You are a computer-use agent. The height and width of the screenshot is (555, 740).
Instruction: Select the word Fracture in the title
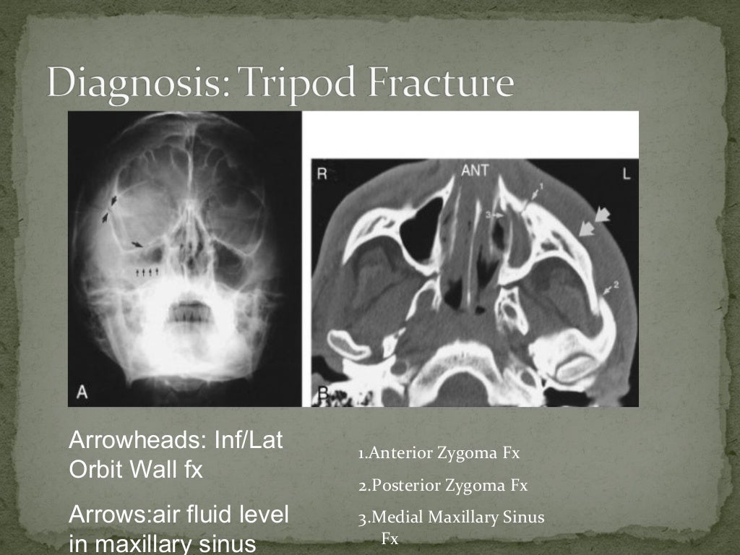pos(434,84)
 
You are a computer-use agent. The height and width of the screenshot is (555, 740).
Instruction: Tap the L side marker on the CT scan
pos(624,173)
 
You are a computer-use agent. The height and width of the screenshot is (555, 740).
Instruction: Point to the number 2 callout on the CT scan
pos(616,283)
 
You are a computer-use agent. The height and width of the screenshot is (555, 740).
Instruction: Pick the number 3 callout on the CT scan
pos(489,215)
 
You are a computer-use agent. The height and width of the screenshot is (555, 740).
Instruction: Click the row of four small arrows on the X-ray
pos(147,272)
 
